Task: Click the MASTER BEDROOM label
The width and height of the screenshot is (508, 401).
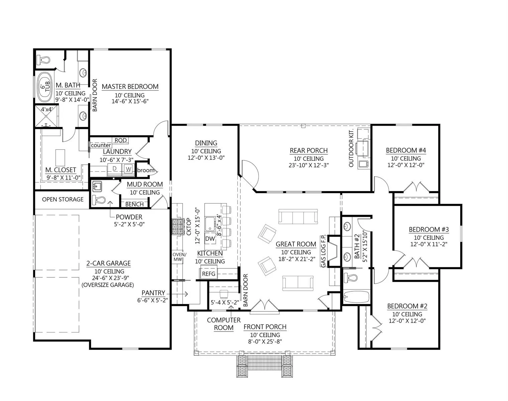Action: (x=130, y=87)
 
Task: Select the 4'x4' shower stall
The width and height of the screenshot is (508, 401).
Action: (x=46, y=116)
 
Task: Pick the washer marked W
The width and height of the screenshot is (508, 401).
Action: (x=128, y=169)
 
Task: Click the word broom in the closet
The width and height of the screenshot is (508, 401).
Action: (x=146, y=170)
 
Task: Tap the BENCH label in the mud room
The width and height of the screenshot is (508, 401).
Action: (x=134, y=204)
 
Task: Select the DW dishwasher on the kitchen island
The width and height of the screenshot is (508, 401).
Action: (x=210, y=239)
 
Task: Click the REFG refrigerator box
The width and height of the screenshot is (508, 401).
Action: (x=209, y=274)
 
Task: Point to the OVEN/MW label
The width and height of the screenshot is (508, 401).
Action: (x=179, y=257)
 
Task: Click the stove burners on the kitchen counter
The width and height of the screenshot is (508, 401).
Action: (x=178, y=227)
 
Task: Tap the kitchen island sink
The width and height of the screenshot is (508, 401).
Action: (x=210, y=224)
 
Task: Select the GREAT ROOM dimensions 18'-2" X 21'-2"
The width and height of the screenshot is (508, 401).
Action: (x=297, y=259)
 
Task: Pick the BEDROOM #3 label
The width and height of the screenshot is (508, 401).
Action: (x=429, y=230)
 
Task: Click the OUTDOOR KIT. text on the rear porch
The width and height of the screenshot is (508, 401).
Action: (x=351, y=148)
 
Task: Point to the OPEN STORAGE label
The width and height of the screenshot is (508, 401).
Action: (x=63, y=199)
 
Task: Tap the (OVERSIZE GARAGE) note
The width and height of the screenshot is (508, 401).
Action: (x=108, y=285)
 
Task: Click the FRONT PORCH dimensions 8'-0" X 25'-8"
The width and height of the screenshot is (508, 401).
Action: (x=265, y=341)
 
